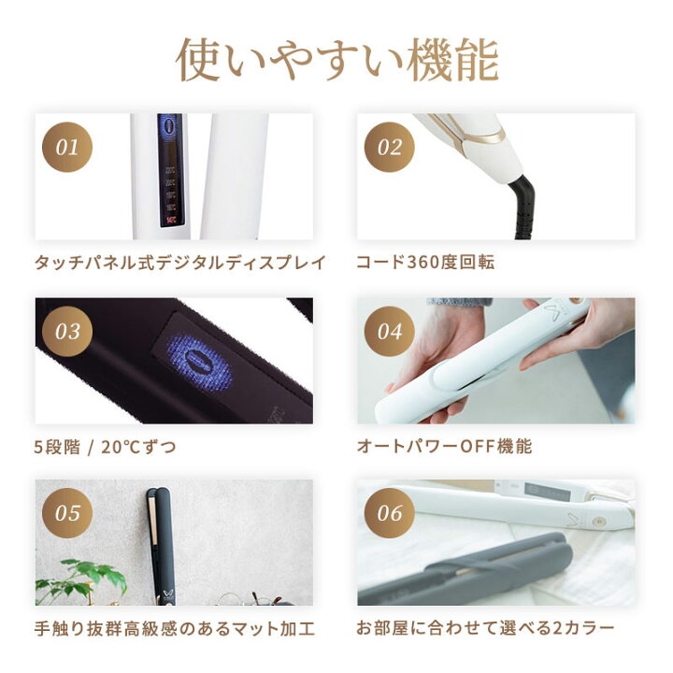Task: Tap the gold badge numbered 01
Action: point(67,147)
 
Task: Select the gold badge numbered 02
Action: point(389,147)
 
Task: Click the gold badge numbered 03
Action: point(67,331)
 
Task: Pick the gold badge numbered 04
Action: point(389,331)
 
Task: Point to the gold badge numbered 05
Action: point(67,513)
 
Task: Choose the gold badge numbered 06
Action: point(389,513)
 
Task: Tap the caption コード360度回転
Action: point(425,263)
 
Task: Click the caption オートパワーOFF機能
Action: point(444,447)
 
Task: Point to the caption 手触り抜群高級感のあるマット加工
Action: point(175,629)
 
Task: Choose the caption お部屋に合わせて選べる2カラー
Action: point(486,629)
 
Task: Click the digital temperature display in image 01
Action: point(170,173)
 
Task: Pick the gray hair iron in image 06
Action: point(467,570)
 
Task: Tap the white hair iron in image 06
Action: point(523,505)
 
